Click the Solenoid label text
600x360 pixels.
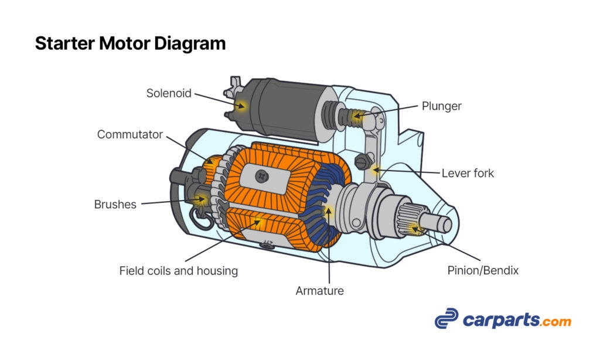coord(169,93)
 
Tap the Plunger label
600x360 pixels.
coord(441,106)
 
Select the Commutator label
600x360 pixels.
coord(129,134)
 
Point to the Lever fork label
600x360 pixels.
coord(468,173)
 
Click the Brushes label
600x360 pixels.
coord(115,205)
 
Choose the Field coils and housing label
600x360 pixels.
coord(178,271)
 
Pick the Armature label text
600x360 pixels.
coord(319,290)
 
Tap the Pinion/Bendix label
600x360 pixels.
coord(483,271)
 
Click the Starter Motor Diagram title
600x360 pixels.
coord(130,43)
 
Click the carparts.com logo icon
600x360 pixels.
coord(447,318)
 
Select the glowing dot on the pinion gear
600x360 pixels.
coord(415,227)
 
